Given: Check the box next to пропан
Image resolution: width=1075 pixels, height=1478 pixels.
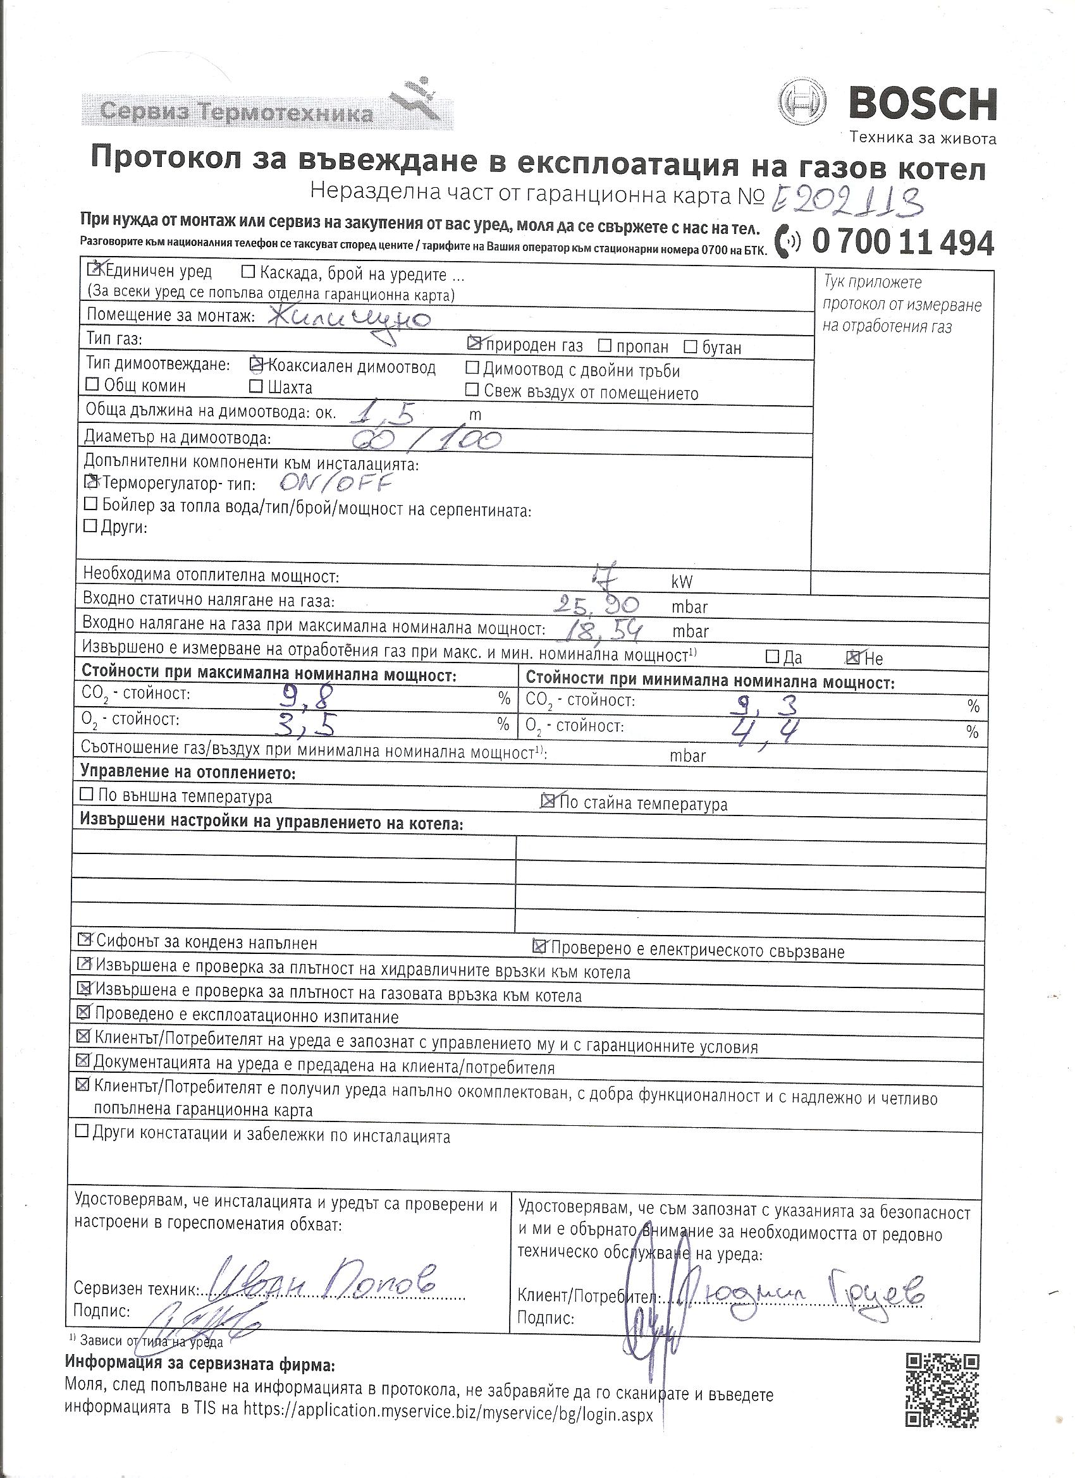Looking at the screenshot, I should click(x=605, y=346).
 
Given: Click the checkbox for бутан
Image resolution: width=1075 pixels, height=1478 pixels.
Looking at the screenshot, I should click(x=691, y=346).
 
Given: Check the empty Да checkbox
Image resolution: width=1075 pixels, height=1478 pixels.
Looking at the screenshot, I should click(x=772, y=656).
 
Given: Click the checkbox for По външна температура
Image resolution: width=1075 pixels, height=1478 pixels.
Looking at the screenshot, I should click(x=86, y=795).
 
